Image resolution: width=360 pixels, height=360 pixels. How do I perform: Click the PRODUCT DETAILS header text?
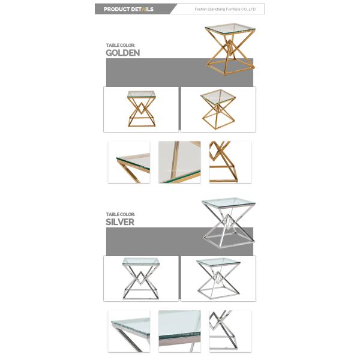[128, 9]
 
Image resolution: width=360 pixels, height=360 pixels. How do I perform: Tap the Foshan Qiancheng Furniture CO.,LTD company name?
[226, 10]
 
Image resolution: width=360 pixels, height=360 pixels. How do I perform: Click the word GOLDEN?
[122, 53]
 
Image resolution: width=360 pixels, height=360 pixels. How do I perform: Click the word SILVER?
[119, 221]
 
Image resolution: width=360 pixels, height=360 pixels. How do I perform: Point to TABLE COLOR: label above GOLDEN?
[120, 45]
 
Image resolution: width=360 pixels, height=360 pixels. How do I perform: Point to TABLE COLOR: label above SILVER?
[120, 214]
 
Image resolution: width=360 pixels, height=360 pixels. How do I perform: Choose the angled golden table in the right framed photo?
[218, 109]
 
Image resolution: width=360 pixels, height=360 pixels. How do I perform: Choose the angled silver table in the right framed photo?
[218, 278]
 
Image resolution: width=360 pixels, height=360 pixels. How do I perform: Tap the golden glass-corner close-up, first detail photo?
[129, 162]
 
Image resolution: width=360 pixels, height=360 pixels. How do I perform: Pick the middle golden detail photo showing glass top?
[179, 162]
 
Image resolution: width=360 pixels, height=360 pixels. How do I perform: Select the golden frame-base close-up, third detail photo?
[230, 162]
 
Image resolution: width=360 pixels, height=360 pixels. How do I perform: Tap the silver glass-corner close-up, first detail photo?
[129, 331]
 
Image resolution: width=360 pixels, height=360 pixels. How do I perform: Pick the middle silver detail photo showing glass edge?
[179, 331]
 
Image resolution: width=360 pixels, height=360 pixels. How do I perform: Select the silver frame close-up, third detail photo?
[230, 331]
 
